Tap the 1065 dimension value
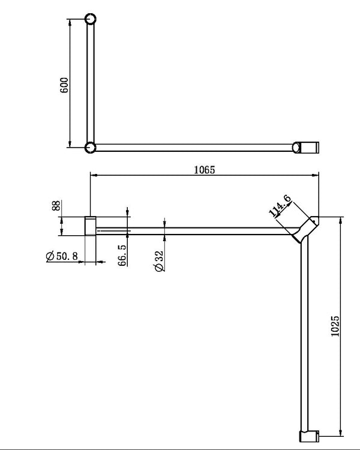click(x=205, y=169)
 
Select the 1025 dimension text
click(x=335, y=326)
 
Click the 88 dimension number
click(x=56, y=206)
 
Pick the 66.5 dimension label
click(x=122, y=254)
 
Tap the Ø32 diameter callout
click(x=158, y=260)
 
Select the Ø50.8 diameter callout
click(x=62, y=257)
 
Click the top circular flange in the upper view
click(x=91, y=19)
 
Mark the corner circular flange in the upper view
click(x=90, y=147)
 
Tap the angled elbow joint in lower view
click(x=305, y=229)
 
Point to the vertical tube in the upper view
click(x=91, y=84)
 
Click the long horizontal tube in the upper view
click(x=195, y=147)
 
